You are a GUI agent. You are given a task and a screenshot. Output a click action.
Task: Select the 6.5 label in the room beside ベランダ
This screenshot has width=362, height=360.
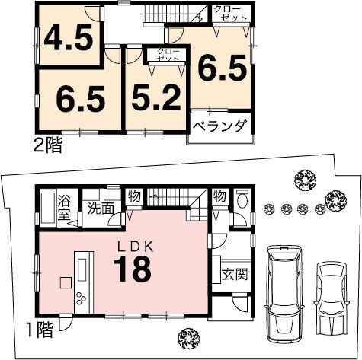pyautogui.click(x=223, y=69)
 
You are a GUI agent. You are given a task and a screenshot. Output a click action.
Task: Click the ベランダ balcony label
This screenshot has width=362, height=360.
pyautogui.click(x=219, y=126)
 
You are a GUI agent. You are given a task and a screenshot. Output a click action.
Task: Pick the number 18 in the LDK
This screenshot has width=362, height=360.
pyautogui.click(x=134, y=269)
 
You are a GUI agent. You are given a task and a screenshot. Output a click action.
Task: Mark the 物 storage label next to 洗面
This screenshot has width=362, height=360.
pyautogui.click(x=133, y=196)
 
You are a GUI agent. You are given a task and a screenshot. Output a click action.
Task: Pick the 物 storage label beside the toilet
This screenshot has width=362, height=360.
pyautogui.click(x=219, y=196)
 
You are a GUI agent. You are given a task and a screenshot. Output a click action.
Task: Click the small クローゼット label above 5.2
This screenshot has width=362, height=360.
pyautogui.click(x=168, y=54)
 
